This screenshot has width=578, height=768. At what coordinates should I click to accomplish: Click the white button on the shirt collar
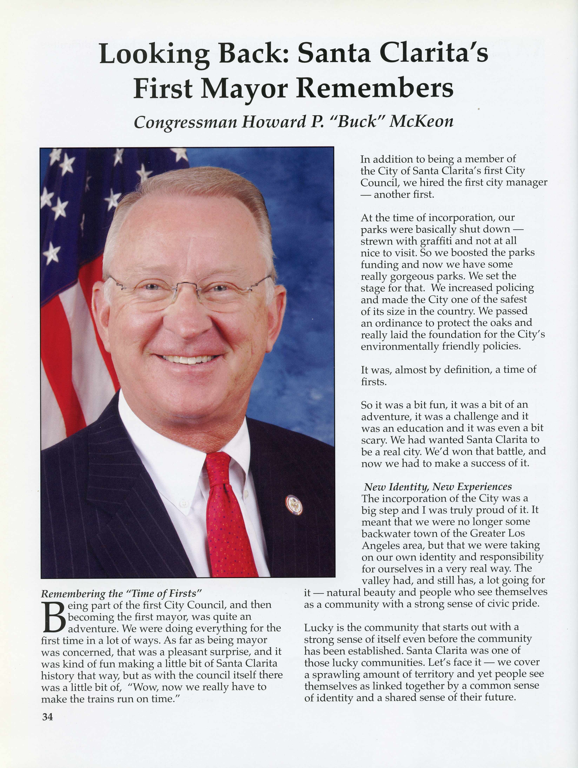(183, 503)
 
